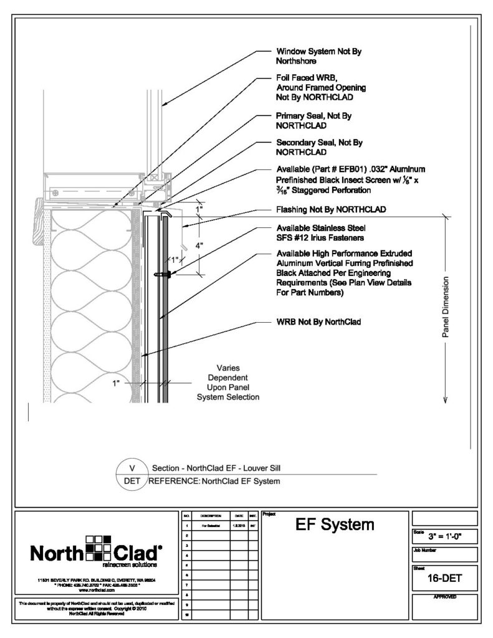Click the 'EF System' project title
[335, 525]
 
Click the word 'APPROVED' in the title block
[444, 597]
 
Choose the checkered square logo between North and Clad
[97, 549]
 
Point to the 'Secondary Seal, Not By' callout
[319, 143]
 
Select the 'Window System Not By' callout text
[318, 52]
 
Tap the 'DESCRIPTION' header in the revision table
[208, 517]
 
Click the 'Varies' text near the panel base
[228, 368]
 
